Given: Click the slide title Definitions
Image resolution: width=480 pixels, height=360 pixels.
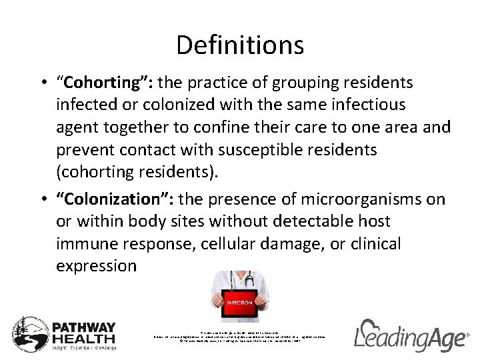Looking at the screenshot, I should pos(240,45).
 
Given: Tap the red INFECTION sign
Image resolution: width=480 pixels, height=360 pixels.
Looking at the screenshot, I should pos(240,302).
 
